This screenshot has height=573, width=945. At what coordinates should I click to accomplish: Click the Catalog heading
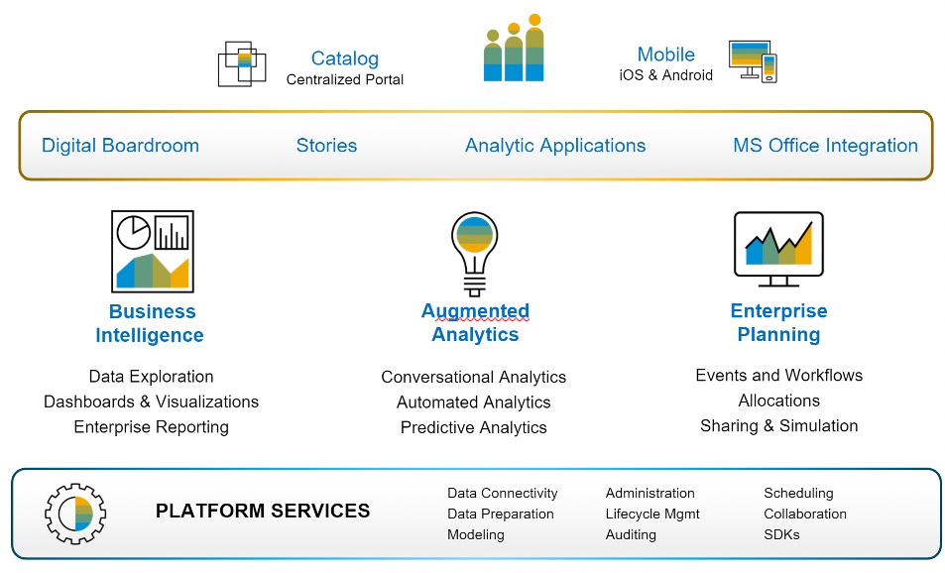(345, 58)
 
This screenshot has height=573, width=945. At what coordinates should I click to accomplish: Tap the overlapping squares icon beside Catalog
(242, 63)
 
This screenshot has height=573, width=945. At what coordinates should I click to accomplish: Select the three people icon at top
(514, 48)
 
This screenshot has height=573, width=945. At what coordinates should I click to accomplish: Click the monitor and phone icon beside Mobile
(753, 61)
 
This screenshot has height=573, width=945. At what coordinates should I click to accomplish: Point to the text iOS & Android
(666, 74)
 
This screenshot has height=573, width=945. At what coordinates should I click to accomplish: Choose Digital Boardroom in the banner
(120, 145)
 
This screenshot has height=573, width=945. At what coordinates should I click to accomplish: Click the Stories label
(326, 145)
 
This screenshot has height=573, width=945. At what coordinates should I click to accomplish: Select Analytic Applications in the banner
(555, 145)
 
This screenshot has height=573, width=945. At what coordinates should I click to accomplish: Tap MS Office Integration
(825, 145)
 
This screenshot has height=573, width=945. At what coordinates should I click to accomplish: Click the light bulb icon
(475, 254)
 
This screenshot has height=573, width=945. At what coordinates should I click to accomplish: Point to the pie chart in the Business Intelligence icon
(134, 232)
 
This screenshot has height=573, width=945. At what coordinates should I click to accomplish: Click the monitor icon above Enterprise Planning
(778, 249)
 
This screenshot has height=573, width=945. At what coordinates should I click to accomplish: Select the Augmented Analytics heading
(475, 322)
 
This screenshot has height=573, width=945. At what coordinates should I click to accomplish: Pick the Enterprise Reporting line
(152, 427)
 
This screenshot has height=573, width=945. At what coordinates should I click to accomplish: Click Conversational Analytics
(474, 377)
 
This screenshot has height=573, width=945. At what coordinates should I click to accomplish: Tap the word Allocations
(778, 401)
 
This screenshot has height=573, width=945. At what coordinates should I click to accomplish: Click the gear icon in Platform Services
(75, 514)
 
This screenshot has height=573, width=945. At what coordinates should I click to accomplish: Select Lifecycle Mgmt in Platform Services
(652, 514)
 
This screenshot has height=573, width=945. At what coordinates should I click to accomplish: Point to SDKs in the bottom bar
(781, 534)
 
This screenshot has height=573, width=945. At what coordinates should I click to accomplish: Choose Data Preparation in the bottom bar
(500, 514)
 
